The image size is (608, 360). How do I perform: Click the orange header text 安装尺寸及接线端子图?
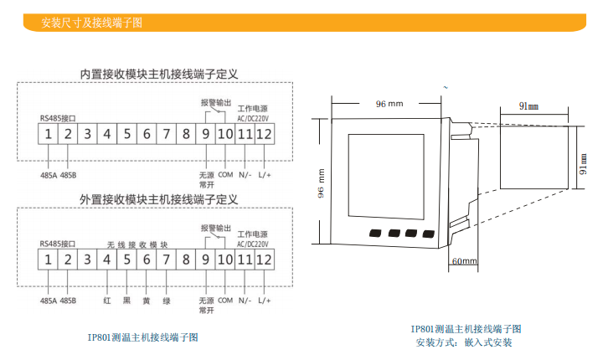click(92, 23)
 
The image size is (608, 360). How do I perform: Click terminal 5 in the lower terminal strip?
click(126, 260)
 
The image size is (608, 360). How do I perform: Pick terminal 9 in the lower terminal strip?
click(205, 260)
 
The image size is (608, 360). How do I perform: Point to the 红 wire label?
click(107, 300)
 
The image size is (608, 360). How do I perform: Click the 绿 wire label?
click(166, 300)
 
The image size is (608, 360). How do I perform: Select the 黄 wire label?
click(146, 300)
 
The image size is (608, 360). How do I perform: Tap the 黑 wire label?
click(126, 300)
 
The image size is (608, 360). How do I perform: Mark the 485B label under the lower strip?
click(69, 300)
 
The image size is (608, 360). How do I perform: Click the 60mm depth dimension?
click(464, 261)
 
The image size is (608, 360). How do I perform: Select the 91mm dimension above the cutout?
click(528, 107)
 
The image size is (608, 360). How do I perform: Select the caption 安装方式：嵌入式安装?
click(463, 342)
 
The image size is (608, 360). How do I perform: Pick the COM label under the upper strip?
click(225, 174)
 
